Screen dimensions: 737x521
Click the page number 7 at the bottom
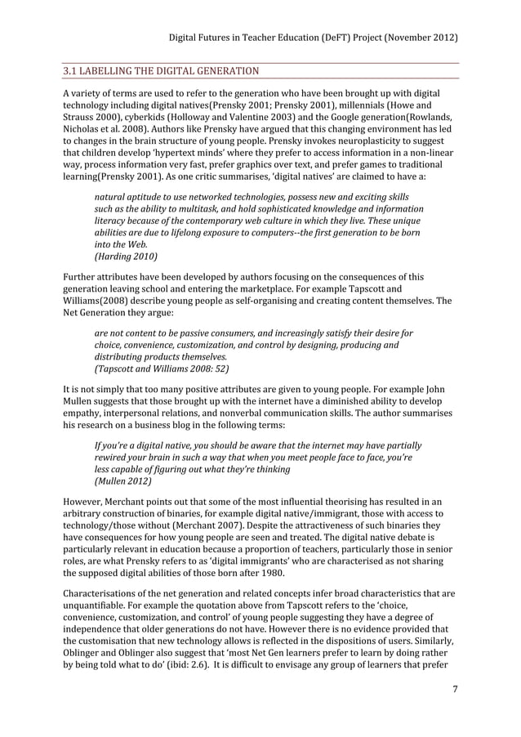[454, 699]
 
